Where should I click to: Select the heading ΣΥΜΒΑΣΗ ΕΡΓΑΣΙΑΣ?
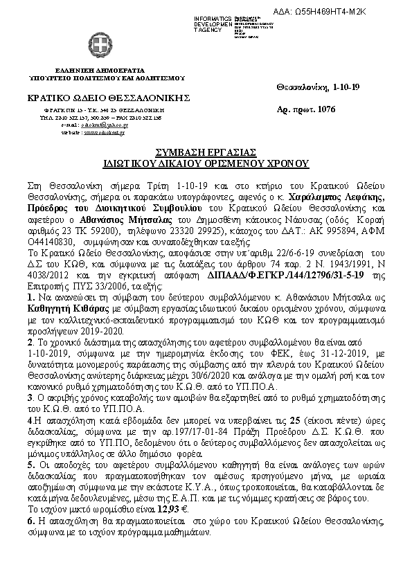click(x=206, y=152)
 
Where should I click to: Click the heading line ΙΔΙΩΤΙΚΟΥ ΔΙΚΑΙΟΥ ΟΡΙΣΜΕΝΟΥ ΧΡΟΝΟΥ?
click(x=206, y=165)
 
